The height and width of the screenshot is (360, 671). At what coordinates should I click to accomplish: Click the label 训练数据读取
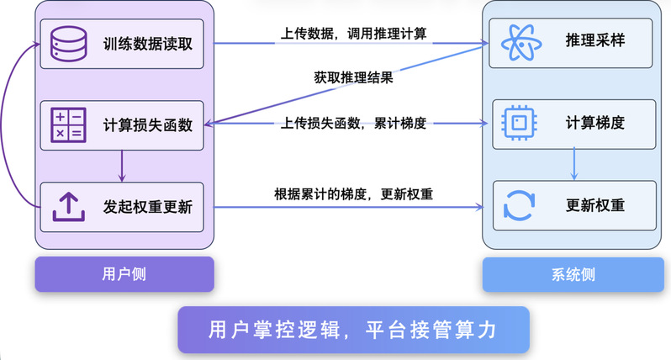(x=148, y=43)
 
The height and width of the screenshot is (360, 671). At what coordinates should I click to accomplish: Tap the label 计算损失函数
(x=148, y=125)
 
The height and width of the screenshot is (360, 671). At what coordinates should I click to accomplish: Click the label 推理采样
(x=594, y=41)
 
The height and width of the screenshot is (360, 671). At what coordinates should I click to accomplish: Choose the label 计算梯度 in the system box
(x=594, y=123)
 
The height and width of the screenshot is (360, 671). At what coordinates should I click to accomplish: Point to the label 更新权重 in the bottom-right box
(x=594, y=205)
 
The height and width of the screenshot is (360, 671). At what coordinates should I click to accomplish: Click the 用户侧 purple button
(x=124, y=274)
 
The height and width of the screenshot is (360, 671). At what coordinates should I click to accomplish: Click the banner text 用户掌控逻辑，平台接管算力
(x=352, y=329)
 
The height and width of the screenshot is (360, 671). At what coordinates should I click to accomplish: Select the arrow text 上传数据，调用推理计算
(x=354, y=34)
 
